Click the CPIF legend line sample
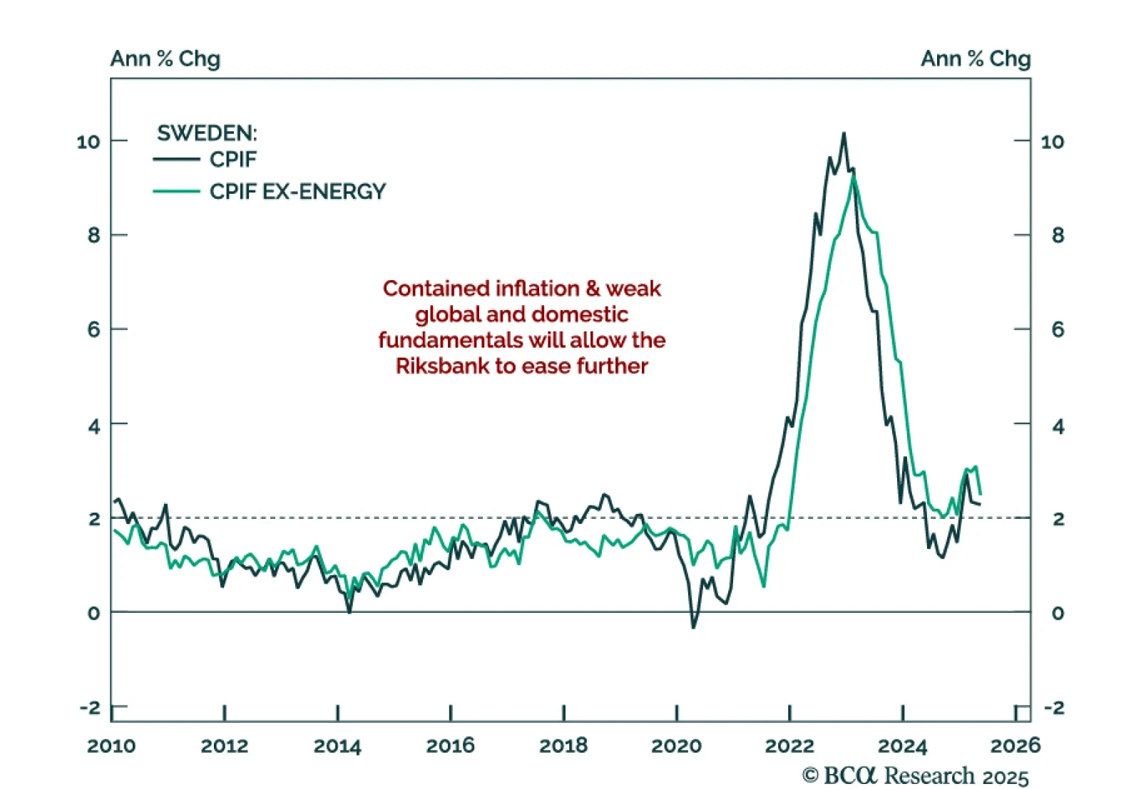(175, 160)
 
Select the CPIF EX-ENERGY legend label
(297, 192)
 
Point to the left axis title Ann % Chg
(165, 58)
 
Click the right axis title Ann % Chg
(976, 58)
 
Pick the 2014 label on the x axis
(337, 746)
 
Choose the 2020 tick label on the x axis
(676, 746)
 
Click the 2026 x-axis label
(1015, 746)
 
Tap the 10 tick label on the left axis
(88, 142)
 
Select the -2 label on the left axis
(90, 708)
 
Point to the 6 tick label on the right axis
(1058, 329)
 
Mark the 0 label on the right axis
(1058, 613)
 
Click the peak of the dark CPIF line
(844, 133)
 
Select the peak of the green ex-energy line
(853, 175)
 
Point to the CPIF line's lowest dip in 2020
(693, 627)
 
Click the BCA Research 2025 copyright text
(916, 775)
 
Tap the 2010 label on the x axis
(111, 746)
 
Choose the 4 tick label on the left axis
(94, 426)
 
